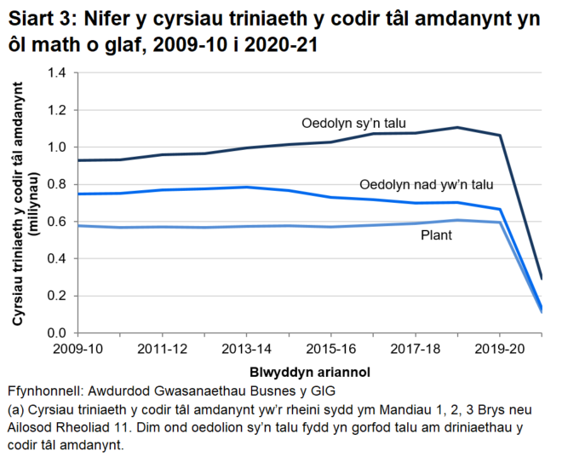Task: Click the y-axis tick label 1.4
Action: tap(56, 73)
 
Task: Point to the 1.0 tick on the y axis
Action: tap(56, 148)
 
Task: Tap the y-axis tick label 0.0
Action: tap(56, 333)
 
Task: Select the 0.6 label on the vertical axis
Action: tap(56, 222)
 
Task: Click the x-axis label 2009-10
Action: tap(77, 350)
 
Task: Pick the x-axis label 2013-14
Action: tap(245, 350)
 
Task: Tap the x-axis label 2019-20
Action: tap(498, 350)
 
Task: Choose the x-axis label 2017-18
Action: tap(414, 350)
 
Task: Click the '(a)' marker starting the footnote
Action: tap(15, 410)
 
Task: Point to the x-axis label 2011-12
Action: tap(162, 350)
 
